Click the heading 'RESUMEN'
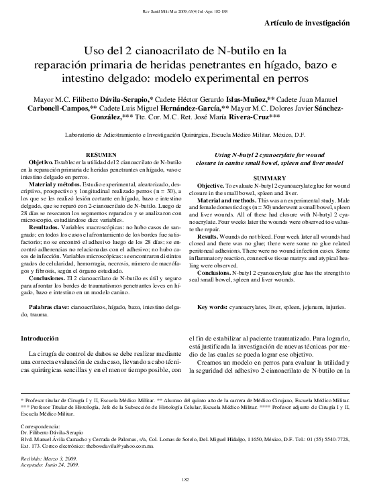pyautogui.click(x=106, y=154)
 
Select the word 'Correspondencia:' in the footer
pyautogui.click(x=40, y=426)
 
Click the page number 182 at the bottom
pyautogui.click(x=185, y=480)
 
